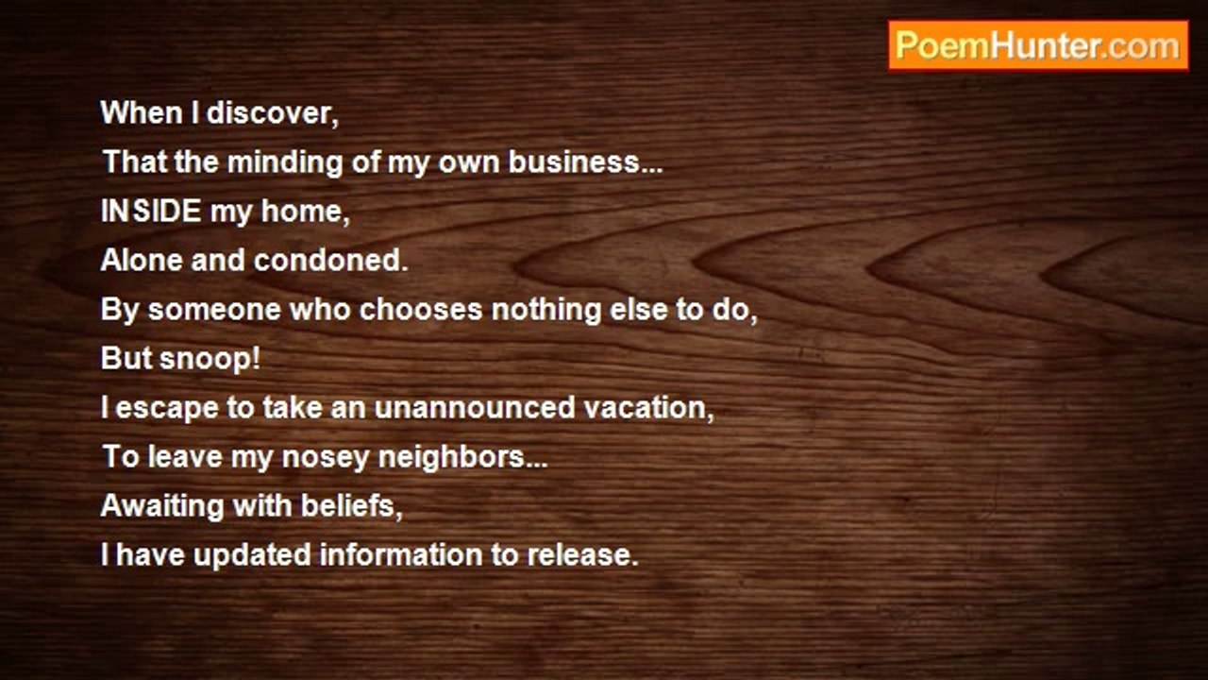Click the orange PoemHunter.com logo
(1038, 45)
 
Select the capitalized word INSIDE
(151, 211)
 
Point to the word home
(302, 211)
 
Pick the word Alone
(142, 260)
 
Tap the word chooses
(421, 310)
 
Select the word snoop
(206, 360)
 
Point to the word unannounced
(475, 408)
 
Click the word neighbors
(451, 458)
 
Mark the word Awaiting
(161, 507)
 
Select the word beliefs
(348, 506)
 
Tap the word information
(401, 555)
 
